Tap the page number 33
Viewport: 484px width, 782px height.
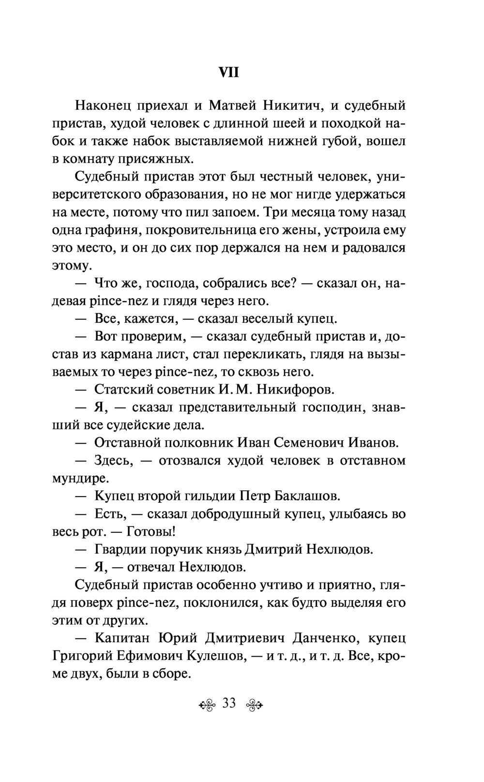(x=229, y=703)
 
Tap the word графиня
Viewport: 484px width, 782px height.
(x=106, y=230)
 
